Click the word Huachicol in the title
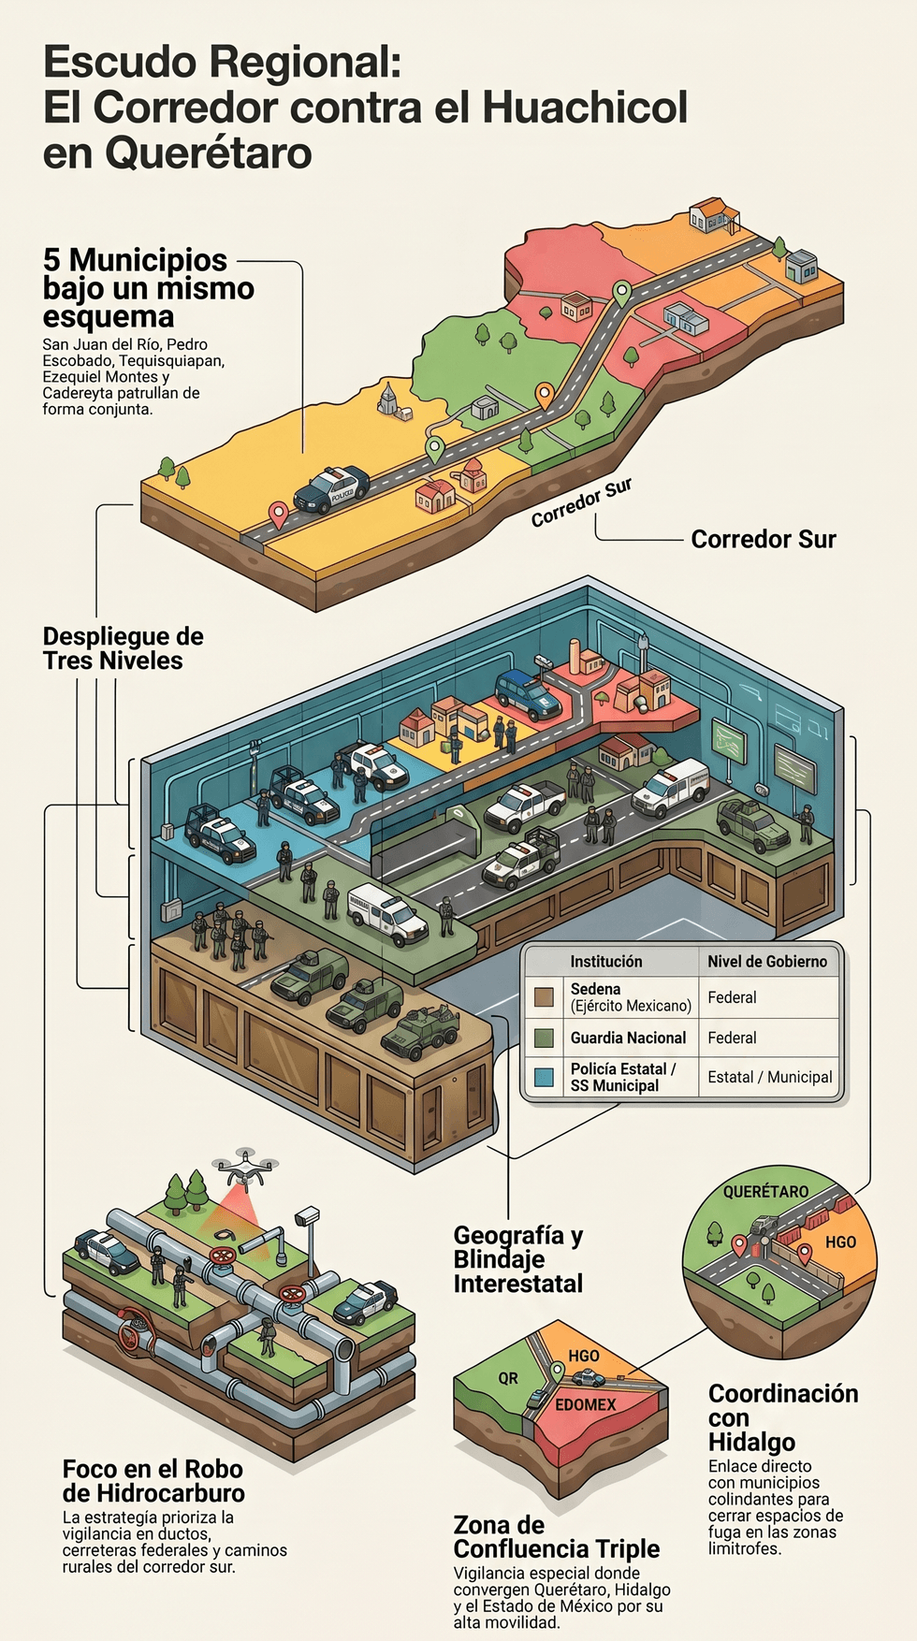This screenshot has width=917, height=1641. pos(585,108)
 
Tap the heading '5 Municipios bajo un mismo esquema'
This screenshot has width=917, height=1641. pos(149,288)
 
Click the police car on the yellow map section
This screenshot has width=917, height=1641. pos(331,488)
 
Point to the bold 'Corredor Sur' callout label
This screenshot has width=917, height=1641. pos(764,539)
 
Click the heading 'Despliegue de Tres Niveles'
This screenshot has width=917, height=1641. pos(123,648)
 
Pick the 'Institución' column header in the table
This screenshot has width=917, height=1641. pos(606,961)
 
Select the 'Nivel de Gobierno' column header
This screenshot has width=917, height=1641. pos(767,961)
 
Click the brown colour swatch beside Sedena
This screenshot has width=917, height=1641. pos(544,997)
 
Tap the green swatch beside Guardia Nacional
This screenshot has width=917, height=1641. pos(544,1038)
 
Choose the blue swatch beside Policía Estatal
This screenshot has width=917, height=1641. pos(544,1077)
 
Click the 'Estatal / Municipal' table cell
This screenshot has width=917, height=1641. pos(770,1077)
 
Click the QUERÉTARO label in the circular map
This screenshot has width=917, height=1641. pos(765,1192)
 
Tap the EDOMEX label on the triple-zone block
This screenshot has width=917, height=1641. pos(586,1404)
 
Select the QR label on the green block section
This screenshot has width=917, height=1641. pos(508,1378)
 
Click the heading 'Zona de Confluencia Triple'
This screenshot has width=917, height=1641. pos(557,1536)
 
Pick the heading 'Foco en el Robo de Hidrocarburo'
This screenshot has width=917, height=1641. pos(153,1481)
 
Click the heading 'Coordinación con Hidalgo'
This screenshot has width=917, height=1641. pos(783,1417)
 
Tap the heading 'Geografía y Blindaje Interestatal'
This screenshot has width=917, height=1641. pos(518,1259)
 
